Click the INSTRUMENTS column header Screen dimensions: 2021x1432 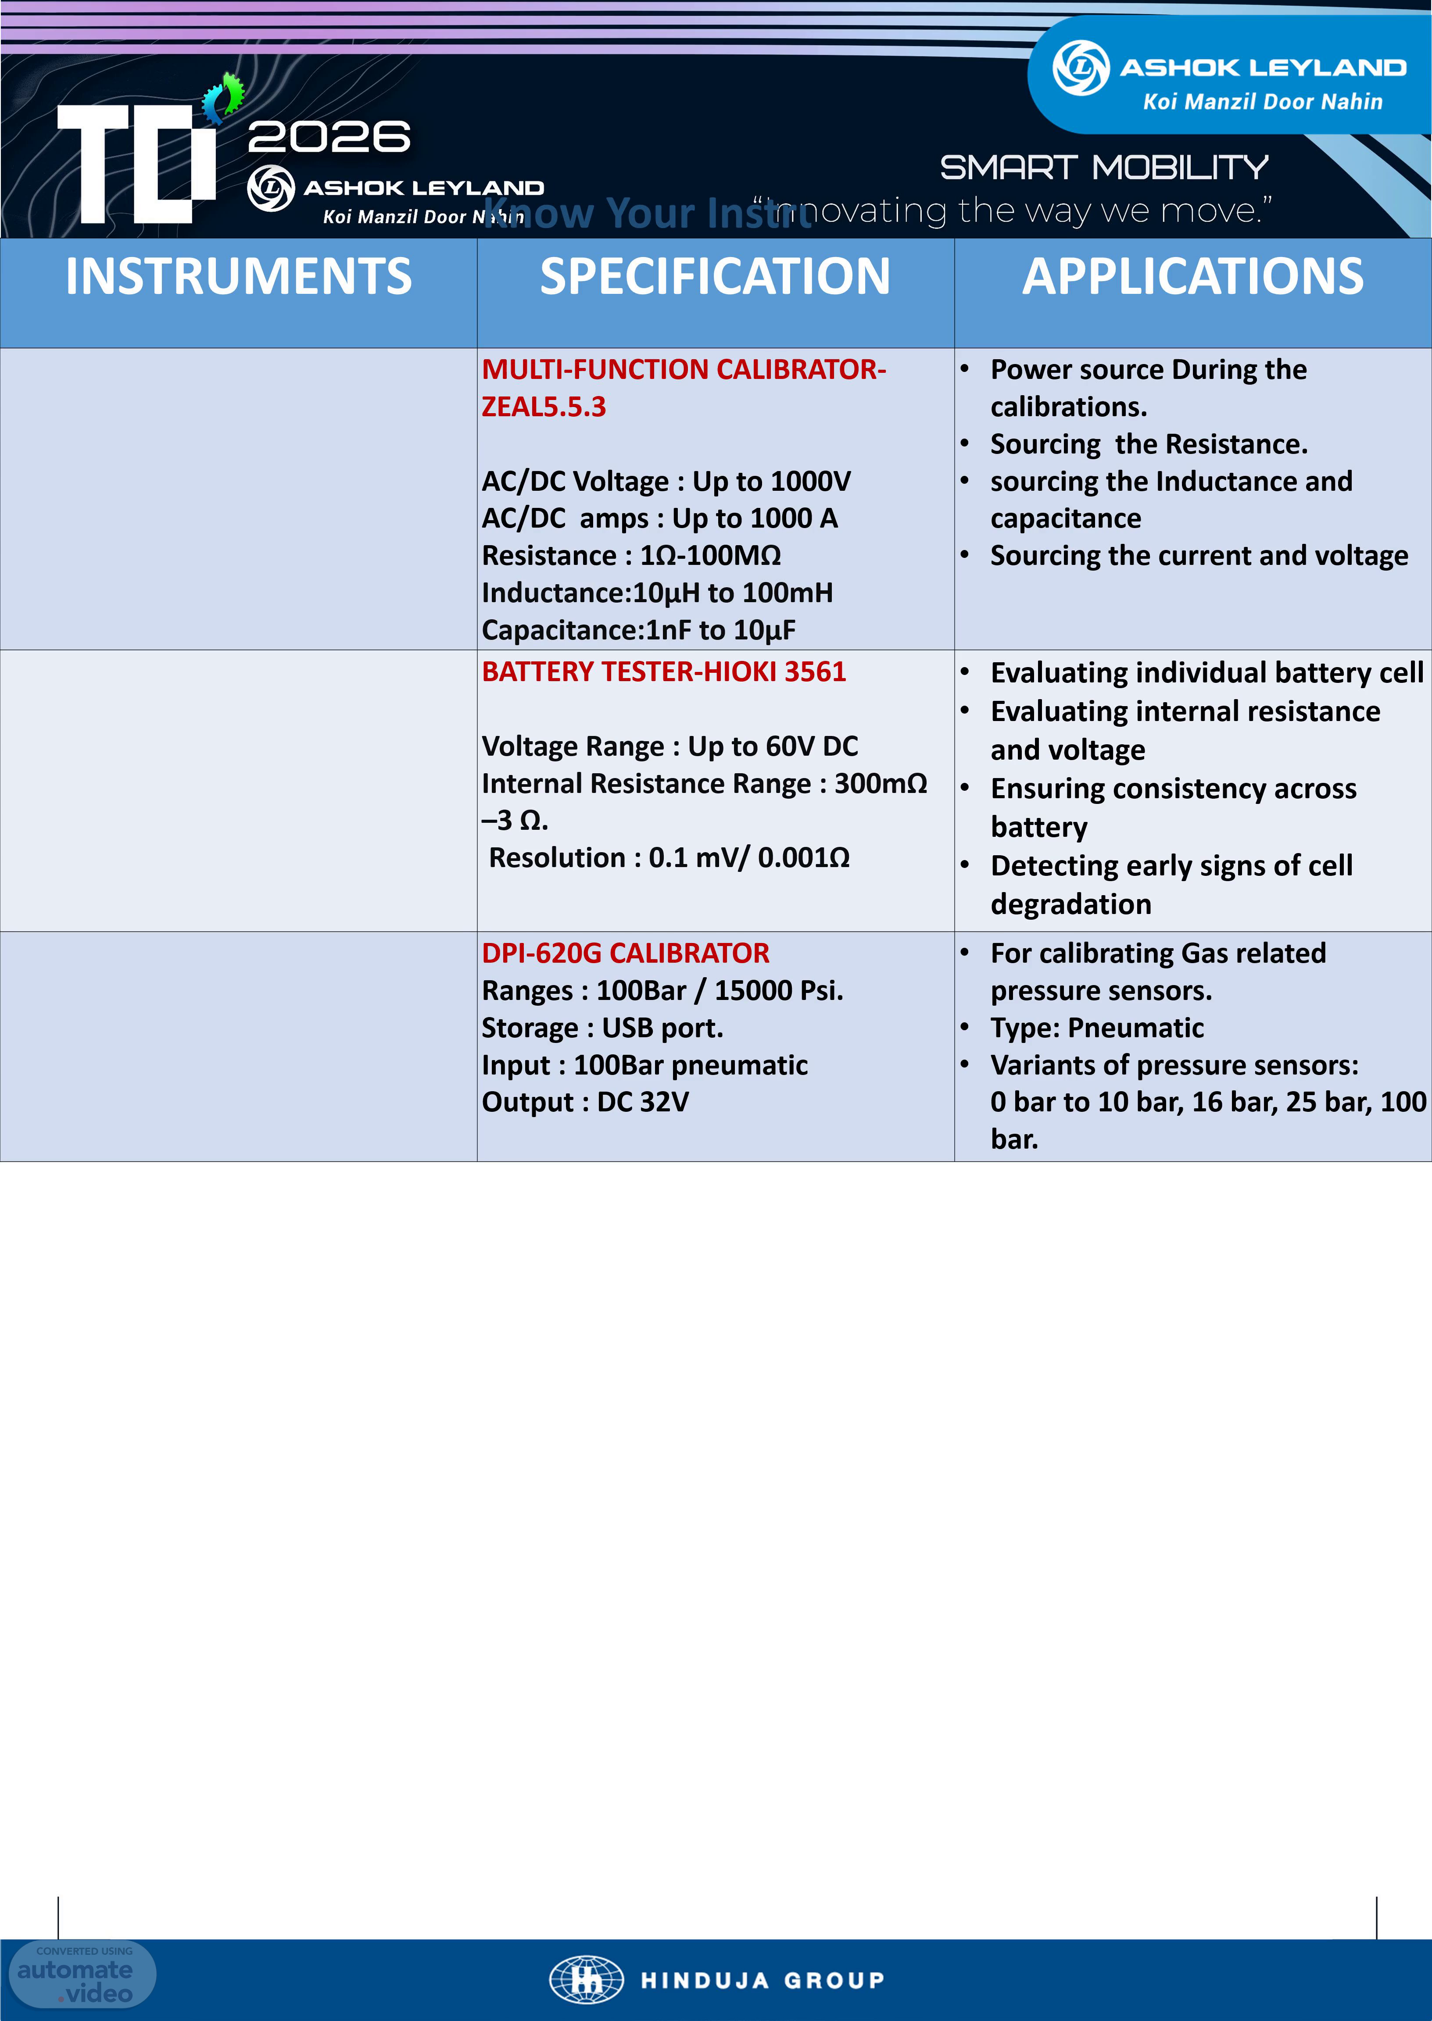pyautogui.click(x=238, y=277)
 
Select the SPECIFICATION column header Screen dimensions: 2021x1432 pyautogui.click(x=715, y=277)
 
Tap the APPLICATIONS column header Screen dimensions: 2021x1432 pyautogui.click(x=1192, y=277)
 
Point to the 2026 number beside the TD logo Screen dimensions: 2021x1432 pyautogui.click(x=329, y=137)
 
